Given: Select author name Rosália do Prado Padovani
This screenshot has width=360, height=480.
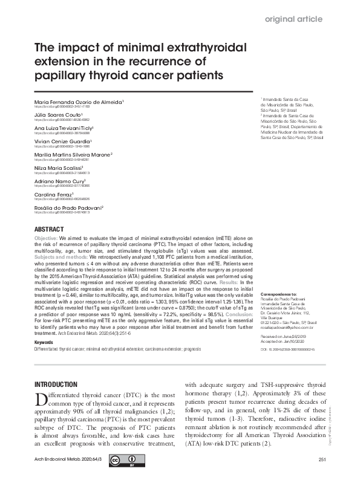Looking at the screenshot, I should (68, 208).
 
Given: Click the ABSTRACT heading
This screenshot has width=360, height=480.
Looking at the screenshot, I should (48, 230).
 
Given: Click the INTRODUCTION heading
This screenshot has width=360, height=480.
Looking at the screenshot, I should (56, 384).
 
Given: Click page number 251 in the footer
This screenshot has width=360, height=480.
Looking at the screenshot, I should (322, 461).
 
